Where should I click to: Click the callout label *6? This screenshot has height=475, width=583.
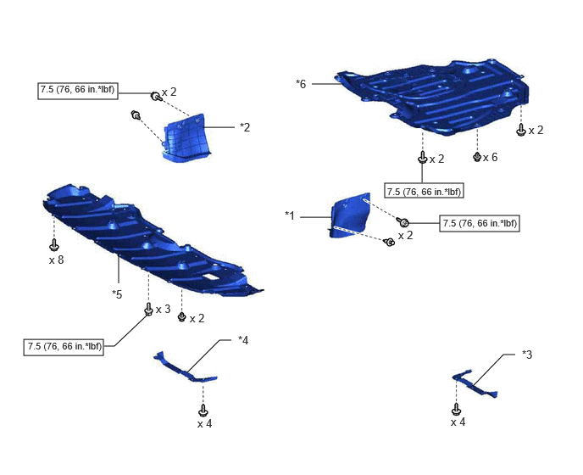coord(301,84)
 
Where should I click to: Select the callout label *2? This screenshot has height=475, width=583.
coord(245,127)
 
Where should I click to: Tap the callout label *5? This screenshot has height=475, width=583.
coord(117,294)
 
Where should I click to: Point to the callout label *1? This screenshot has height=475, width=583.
coord(290,215)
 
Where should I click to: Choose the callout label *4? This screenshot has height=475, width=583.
coord(243,340)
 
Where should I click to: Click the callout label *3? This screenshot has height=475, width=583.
coord(527,355)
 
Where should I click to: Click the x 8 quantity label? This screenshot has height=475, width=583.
coord(57,260)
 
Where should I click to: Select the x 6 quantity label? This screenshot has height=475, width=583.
coord(491,158)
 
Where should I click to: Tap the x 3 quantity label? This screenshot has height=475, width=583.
coord(164,310)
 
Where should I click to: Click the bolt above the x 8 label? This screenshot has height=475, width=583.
coord(54,244)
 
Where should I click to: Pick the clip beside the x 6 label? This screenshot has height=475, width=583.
coord(477,157)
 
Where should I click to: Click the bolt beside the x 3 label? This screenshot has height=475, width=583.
coord(148,309)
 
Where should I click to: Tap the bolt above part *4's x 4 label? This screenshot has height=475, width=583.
coord(203,411)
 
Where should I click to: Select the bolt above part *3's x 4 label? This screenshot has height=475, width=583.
coord(457,410)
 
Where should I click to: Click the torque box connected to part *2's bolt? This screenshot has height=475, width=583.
coord(78,91)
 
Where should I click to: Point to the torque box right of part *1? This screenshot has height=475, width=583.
coord(480,223)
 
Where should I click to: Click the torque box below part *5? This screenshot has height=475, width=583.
coord(64,347)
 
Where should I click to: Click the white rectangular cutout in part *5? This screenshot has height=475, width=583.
coord(211,277)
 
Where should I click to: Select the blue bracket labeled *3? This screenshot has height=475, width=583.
coord(474,384)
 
